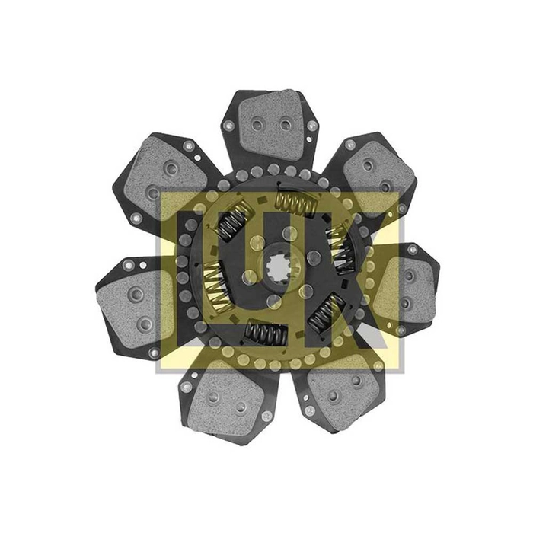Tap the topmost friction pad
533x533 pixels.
(270, 126)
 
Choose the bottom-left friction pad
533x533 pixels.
(226, 403)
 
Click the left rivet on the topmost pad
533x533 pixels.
(257, 125)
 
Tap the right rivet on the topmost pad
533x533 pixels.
(286, 125)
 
